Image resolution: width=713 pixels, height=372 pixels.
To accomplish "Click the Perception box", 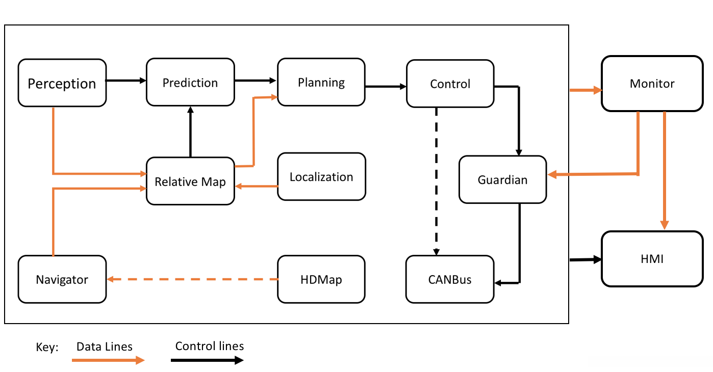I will click(62, 83).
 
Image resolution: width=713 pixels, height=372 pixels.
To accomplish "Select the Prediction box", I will click(190, 83).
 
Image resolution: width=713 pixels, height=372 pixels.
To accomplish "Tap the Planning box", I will click(321, 82).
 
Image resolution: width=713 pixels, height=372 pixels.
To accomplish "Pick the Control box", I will click(450, 84).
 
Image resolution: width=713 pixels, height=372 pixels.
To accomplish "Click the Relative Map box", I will click(190, 181).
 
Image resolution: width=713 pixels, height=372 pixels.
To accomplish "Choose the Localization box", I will click(321, 177).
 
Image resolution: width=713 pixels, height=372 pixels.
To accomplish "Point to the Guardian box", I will click(502, 179).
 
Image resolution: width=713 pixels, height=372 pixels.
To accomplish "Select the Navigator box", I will click(62, 279).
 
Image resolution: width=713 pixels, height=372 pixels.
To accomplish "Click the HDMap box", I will click(321, 279).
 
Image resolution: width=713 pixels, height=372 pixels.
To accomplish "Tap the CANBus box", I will click(450, 279).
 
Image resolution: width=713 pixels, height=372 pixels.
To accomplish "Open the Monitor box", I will click(652, 84).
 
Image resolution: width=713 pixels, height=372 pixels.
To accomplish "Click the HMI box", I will click(652, 259).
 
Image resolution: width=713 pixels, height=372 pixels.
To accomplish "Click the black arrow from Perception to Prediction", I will click(126, 80).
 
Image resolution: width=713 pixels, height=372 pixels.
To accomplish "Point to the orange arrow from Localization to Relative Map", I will click(256, 187).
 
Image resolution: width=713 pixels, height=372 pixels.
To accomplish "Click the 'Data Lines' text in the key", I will click(105, 347).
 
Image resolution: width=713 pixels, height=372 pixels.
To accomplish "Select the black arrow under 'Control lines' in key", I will click(207, 360).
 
